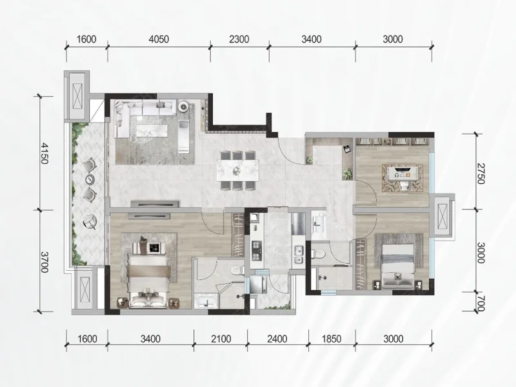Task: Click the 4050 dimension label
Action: pyautogui.click(x=159, y=39)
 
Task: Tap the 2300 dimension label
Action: pyautogui.click(x=239, y=39)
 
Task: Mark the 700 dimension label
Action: pyautogui.click(x=481, y=303)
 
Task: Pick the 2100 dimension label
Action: pyautogui.click(x=221, y=339)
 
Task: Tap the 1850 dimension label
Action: pyautogui.click(x=332, y=339)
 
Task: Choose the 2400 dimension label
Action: pyautogui.click(x=277, y=339)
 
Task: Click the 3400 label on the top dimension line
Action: pyautogui.click(x=312, y=39)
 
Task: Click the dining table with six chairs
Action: pyautogui.click(x=237, y=170)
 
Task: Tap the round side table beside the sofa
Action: pyautogui.click(x=184, y=106)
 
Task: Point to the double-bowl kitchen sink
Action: pyautogui.click(x=299, y=255)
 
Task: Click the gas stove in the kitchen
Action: pyautogui.click(x=256, y=250)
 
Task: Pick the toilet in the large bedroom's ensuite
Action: pyautogui.click(x=237, y=271)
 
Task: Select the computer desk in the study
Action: pyautogui.click(x=402, y=174)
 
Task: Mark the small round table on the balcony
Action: pyautogui.click(x=90, y=179)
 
